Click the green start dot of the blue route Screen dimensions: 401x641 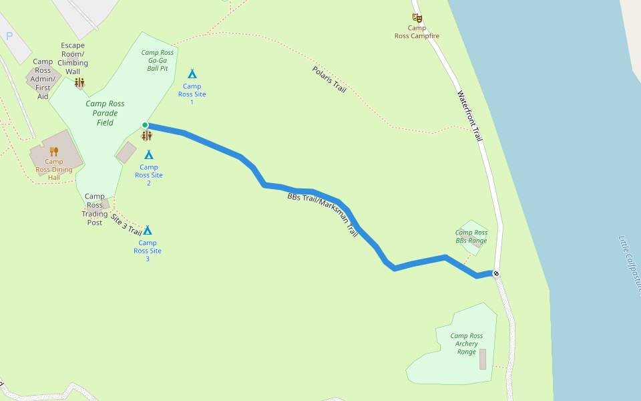click(145, 125)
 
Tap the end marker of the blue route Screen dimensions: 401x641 click(496, 273)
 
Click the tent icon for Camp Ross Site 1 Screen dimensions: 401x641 click(192, 74)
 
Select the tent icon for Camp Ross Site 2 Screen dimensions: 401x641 click(149, 154)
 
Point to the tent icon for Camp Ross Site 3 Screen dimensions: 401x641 click(148, 230)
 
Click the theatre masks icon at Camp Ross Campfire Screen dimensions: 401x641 click(417, 18)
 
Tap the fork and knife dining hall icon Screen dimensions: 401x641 click(54, 151)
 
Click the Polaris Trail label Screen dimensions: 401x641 click(329, 79)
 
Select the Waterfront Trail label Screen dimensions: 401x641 click(469, 116)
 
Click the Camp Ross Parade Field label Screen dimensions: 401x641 click(105, 113)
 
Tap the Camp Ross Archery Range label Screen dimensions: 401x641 click(466, 344)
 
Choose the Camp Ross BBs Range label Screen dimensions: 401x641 click(471, 237)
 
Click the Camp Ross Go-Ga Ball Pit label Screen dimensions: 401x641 click(158, 60)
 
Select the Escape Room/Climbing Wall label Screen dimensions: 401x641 click(73, 58)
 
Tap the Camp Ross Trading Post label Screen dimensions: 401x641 click(95, 209)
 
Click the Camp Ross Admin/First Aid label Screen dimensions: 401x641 click(43, 79)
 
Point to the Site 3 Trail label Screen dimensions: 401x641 click(126, 225)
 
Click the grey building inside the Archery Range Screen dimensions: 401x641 click(483, 359)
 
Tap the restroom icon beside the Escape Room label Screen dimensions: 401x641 click(79, 82)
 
